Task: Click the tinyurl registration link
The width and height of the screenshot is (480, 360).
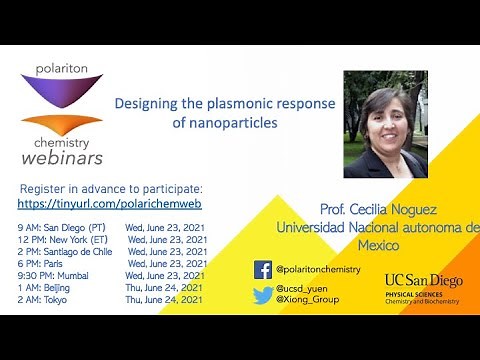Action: coord(110,203)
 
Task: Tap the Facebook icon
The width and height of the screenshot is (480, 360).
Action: coord(263,270)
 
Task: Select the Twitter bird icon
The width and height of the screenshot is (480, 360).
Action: coord(263,295)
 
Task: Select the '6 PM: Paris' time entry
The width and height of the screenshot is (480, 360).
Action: coord(41,263)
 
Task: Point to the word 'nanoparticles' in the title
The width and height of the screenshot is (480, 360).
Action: coord(236,123)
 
